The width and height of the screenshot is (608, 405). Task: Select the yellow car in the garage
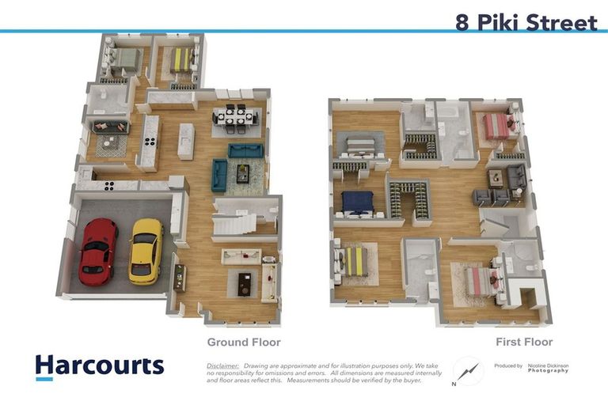(x=146, y=251)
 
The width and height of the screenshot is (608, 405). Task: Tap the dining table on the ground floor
(x=235, y=117)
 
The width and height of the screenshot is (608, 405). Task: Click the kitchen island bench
(x=186, y=141)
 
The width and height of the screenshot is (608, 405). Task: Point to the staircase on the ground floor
(x=235, y=222)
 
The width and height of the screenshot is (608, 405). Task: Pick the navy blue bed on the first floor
(x=357, y=202)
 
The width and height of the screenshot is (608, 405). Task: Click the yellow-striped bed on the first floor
(x=352, y=260)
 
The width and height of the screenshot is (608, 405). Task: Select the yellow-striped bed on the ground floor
(x=184, y=59)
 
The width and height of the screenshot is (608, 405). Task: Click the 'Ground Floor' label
(x=244, y=343)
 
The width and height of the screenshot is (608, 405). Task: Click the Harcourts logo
(x=99, y=366)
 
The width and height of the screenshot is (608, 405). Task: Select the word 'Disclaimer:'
(x=222, y=366)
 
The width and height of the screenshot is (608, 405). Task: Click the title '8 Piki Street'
(x=526, y=22)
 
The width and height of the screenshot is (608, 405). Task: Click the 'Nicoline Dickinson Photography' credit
(x=548, y=368)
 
